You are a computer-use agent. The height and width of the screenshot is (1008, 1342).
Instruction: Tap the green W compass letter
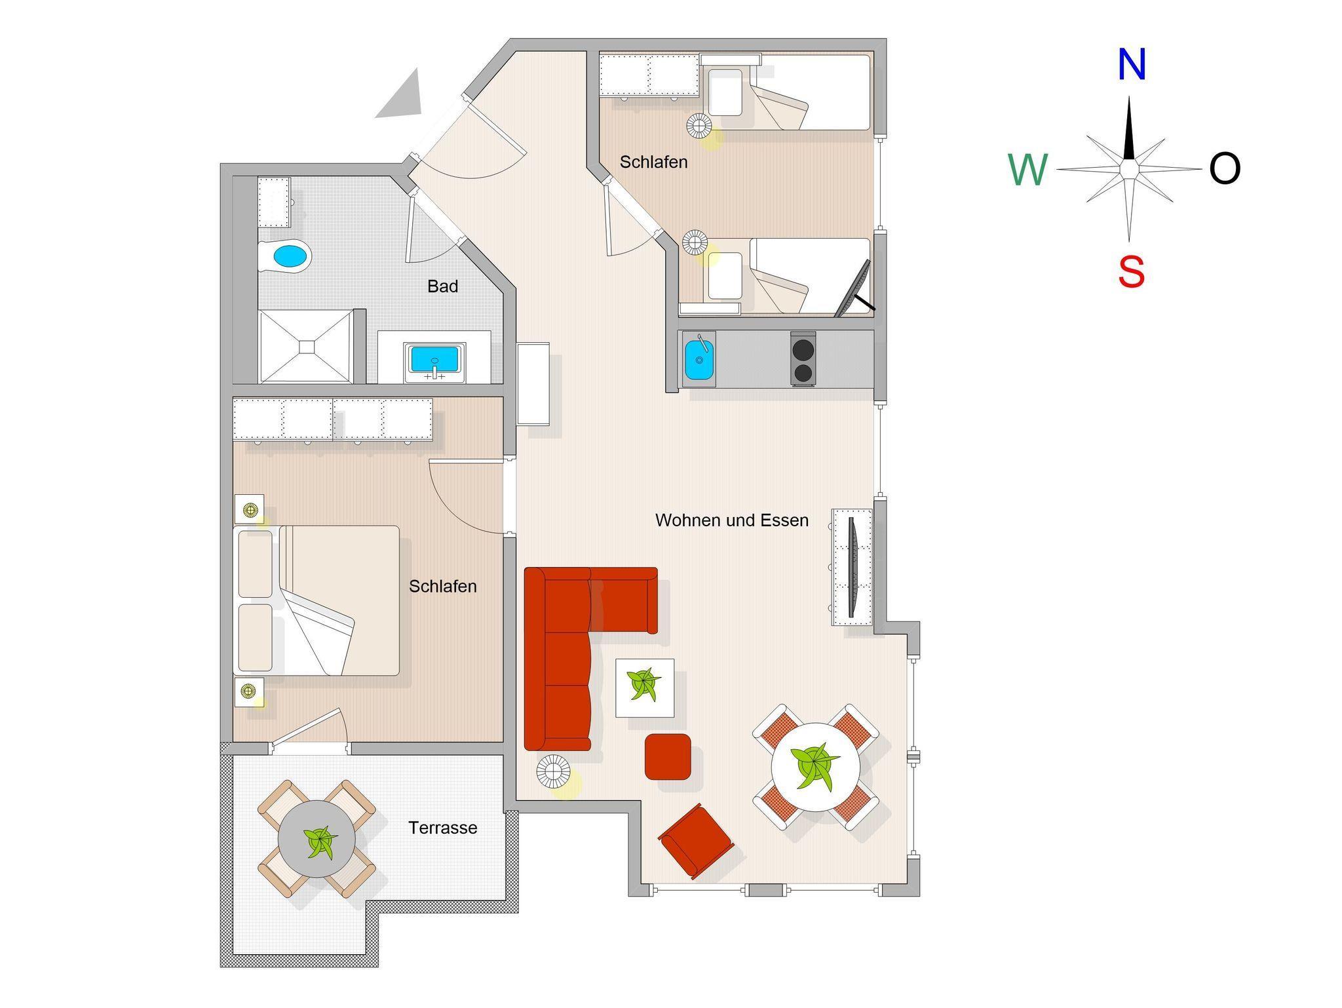[1028, 170]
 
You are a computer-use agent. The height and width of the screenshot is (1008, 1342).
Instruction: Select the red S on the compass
[1132, 272]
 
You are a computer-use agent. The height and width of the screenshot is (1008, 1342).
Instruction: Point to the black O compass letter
[1225, 168]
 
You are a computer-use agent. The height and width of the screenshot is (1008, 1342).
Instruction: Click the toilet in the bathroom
[283, 257]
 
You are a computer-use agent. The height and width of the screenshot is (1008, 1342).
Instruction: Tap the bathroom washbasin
[435, 362]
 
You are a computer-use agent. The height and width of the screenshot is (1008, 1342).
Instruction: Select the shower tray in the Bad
[306, 347]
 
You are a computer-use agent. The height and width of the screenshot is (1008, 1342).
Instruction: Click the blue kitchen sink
[699, 359]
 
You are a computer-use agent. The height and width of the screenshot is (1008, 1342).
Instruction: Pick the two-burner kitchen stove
[803, 359]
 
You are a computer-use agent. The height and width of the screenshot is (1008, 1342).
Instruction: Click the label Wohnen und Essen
[732, 520]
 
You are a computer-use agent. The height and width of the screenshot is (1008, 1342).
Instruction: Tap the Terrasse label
[443, 828]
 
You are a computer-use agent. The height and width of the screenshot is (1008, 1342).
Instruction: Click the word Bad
[442, 286]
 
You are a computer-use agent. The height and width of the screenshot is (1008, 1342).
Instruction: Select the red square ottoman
[668, 757]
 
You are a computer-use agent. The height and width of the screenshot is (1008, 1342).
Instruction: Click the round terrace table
[317, 839]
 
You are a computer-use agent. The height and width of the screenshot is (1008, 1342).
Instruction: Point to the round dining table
[816, 767]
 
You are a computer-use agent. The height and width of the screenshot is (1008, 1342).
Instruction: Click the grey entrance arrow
[400, 95]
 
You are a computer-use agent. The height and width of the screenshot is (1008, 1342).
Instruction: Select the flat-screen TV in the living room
[853, 568]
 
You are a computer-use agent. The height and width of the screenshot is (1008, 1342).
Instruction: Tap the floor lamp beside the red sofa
[553, 771]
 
